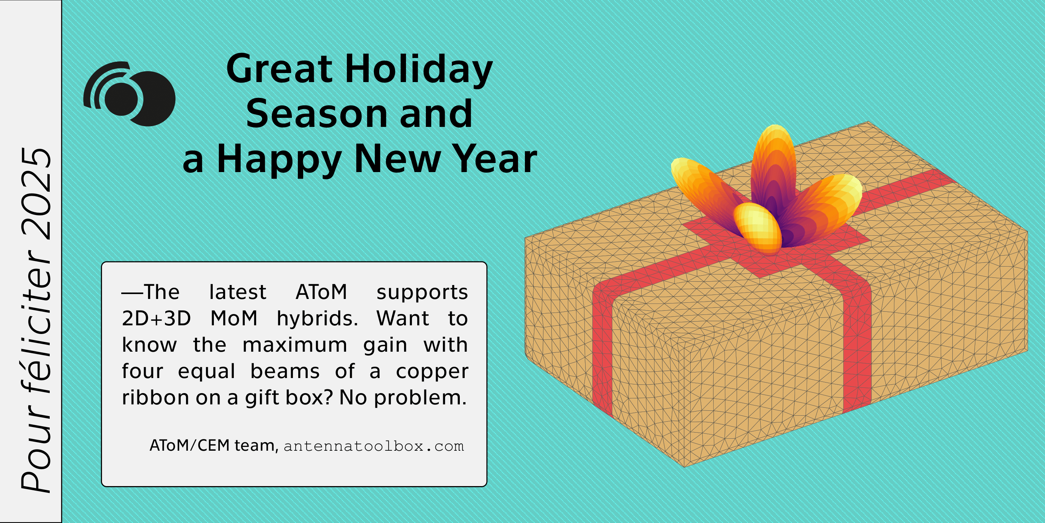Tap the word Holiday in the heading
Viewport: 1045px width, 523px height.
pos(419,70)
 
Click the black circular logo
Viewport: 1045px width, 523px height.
pos(130,94)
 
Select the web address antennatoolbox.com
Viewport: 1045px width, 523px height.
pos(374,446)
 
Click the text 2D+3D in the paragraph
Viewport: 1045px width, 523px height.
pos(156,319)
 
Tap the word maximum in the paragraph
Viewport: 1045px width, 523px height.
pos(294,345)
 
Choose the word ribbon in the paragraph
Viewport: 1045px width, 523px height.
pos(156,398)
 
